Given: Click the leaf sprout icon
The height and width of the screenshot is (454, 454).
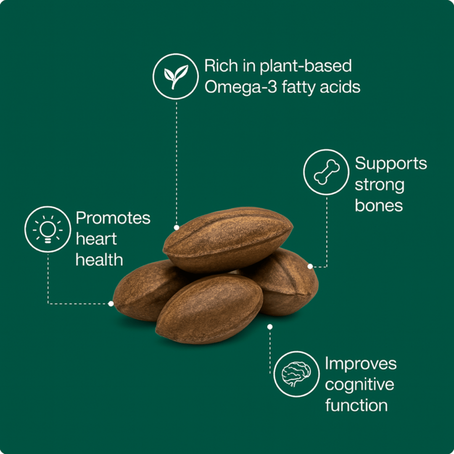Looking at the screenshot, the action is click(176, 77).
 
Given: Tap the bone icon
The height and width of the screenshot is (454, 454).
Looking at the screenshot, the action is click(327, 172).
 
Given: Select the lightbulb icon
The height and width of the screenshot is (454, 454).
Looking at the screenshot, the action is click(48, 230).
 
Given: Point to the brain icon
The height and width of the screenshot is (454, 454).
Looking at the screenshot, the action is click(296, 374).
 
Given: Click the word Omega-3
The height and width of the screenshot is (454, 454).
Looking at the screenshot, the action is click(241, 87).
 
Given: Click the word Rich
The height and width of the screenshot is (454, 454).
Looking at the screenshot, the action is click(221, 66).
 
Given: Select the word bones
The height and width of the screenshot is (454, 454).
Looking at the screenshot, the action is click(379, 206).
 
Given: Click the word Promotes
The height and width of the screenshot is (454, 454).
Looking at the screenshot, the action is click(113, 218).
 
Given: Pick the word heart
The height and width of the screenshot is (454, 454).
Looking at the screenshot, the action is click(96, 239).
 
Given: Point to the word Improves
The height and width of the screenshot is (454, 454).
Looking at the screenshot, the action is click(361, 364).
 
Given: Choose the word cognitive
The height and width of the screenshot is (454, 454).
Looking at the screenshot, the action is click(359, 385).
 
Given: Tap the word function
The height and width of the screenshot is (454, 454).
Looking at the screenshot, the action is click(356, 405).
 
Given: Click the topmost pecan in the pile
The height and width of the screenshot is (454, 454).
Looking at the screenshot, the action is click(228, 240).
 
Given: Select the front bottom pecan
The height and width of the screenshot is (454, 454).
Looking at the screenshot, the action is click(209, 309).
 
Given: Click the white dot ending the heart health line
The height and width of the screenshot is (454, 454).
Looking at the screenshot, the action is click(111, 304).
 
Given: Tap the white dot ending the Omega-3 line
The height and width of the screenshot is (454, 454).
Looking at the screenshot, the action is click(176, 227).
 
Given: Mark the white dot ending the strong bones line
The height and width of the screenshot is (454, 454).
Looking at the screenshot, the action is click(310, 267).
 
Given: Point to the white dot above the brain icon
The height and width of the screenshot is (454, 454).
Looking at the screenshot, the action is click(270, 327).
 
